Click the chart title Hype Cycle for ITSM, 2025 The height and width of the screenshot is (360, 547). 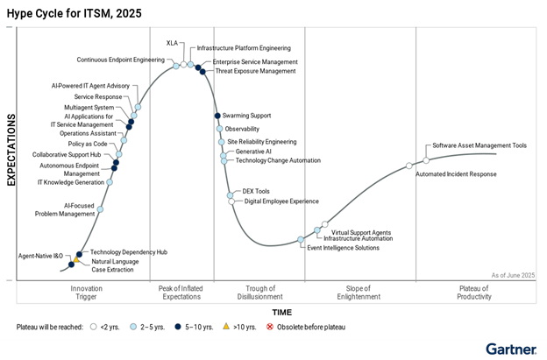tap(73, 12)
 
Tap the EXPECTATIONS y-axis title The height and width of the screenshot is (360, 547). tap(11, 150)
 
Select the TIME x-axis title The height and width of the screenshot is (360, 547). tap(281, 312)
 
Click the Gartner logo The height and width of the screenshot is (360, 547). tap(511, 349)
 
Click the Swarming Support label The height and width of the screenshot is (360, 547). tap(248, 116)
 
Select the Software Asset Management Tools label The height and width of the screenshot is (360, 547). tap(480, 145)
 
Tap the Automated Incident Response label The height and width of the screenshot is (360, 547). tap(456, 174)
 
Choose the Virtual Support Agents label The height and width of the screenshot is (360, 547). tap(361, 232)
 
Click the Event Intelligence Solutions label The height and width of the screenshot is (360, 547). tap(343, 248)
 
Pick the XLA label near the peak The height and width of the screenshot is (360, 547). tap(173, 43)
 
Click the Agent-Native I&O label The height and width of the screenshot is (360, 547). tap(41, 256)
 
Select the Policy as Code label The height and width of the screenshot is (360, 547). tap(88, 144)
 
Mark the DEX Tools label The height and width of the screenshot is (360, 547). tap(256, 191)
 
